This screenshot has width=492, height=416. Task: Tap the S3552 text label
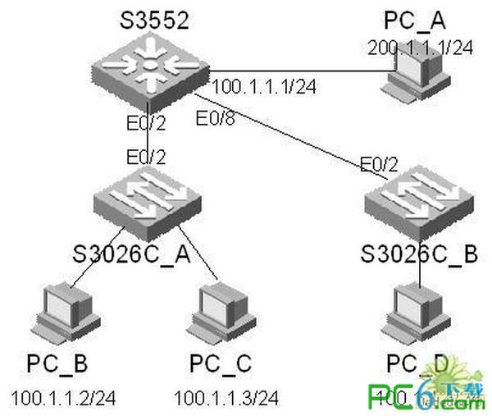(x=148, y=17)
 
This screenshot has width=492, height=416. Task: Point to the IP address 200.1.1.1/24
(x=421, y=48)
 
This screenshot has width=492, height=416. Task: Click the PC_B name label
(x=57, y=363)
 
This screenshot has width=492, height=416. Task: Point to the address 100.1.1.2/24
(x=63, y=399)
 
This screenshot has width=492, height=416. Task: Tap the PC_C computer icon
(x=220, y=313)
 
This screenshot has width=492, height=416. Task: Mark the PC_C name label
(x=221, y=363)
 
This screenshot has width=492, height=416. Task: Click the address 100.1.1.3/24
(x=226, y=399)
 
